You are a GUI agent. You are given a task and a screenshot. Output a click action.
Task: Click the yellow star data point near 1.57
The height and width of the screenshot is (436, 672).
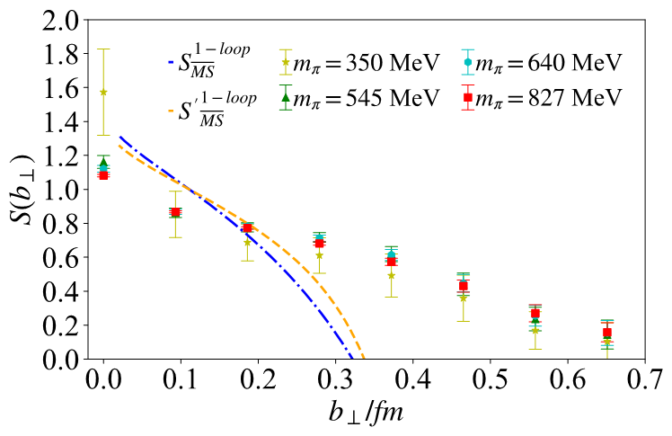click(x=103, y=92)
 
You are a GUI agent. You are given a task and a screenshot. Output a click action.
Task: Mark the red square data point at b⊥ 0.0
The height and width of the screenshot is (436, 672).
click(x=103, y=175)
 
